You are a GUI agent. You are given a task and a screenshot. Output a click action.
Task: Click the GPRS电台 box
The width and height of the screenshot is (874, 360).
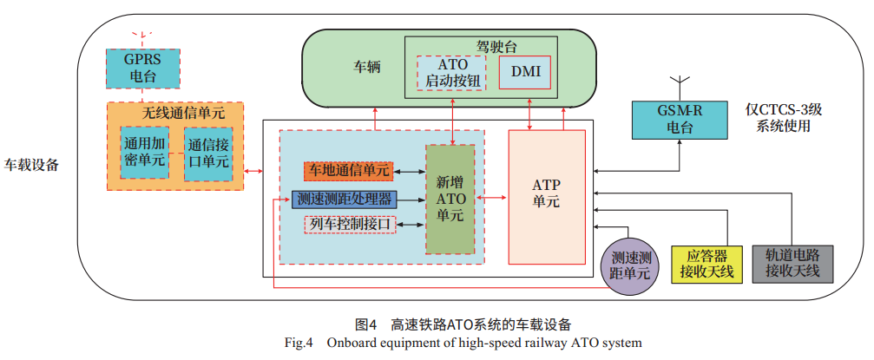coord(143,68)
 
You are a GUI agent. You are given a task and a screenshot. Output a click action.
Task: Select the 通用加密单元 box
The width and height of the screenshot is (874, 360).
coord(143,154)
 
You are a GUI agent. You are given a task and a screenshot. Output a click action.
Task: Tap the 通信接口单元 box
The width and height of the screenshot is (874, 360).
coord(208,154)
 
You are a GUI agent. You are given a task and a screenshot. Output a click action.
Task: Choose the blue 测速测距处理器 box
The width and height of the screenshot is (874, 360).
coord(344,199)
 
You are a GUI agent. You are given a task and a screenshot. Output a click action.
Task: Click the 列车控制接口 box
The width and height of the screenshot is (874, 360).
coord(350,225)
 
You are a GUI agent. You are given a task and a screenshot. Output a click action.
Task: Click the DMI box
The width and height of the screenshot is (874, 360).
coord(525,72)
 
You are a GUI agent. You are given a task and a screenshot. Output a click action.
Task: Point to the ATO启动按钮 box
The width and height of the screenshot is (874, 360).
coord(452,72)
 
